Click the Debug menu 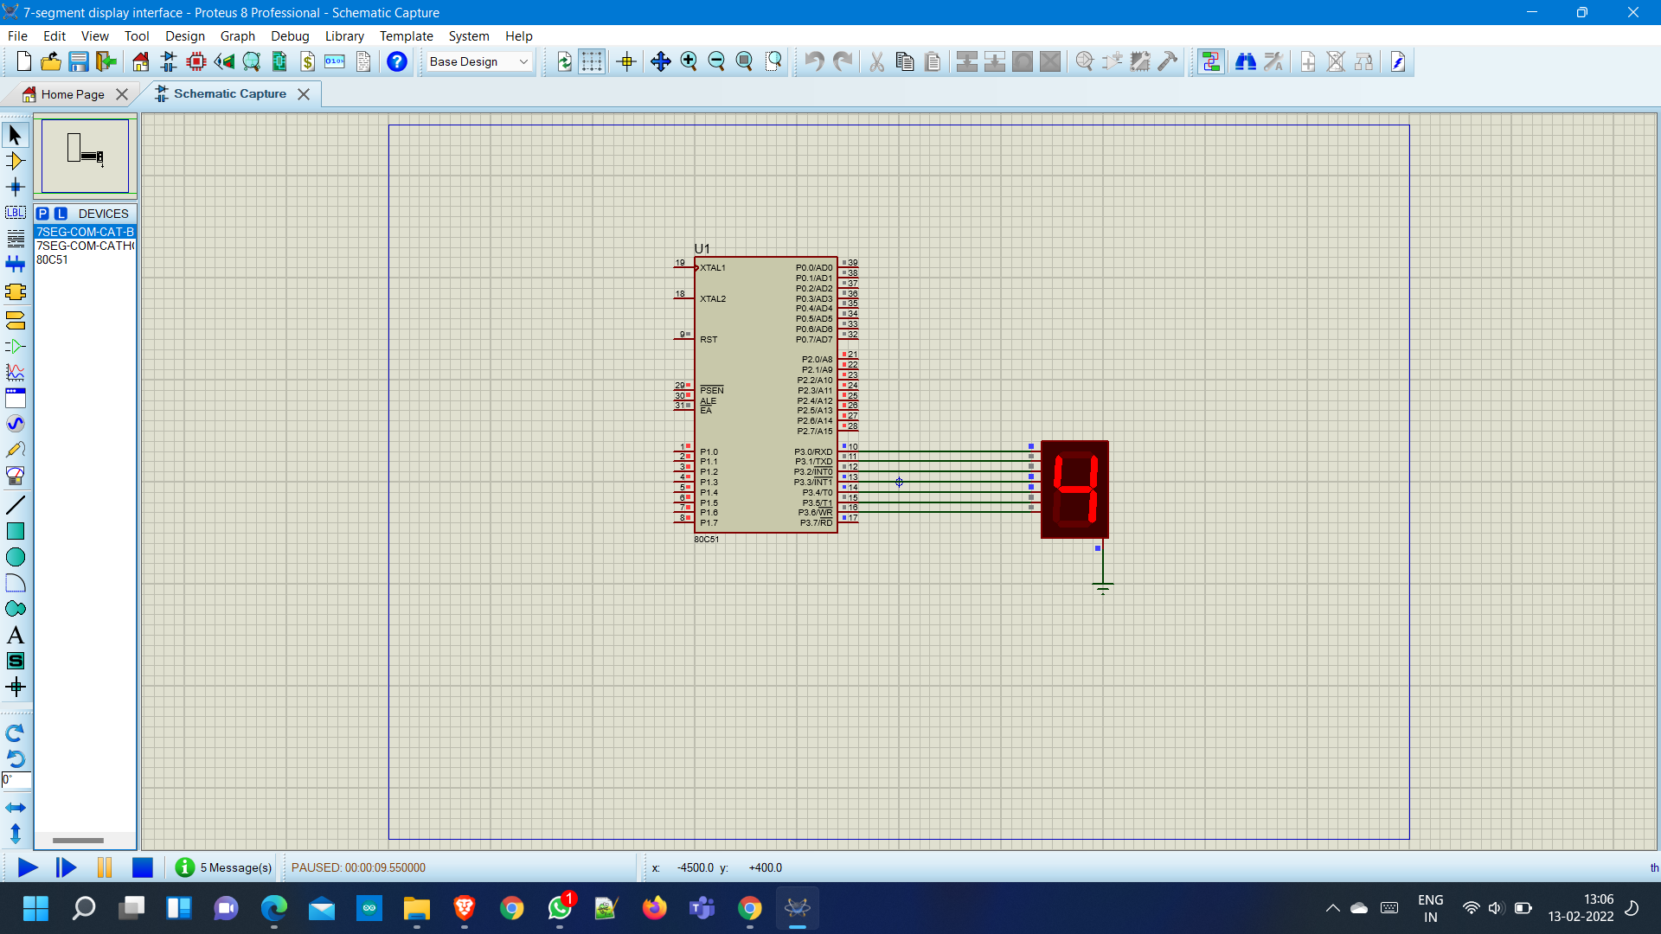point(290,36)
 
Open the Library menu point(344,36)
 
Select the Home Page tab point(73,94)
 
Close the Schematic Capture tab point(304,94)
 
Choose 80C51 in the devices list point(52,259)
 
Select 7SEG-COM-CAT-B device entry point(85,232)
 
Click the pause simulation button point(105,867)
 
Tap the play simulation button point(28,867)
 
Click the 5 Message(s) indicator point(224,867)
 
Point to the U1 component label point(702,249)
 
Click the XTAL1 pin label point(713,268)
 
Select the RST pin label point(709,340)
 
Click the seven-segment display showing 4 point(1074,489)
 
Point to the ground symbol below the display point(1102,588)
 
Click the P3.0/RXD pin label point(813,452)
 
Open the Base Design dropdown point(479,61)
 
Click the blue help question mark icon point(397,61)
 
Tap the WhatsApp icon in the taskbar point(560,908)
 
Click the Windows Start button point(35,908)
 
